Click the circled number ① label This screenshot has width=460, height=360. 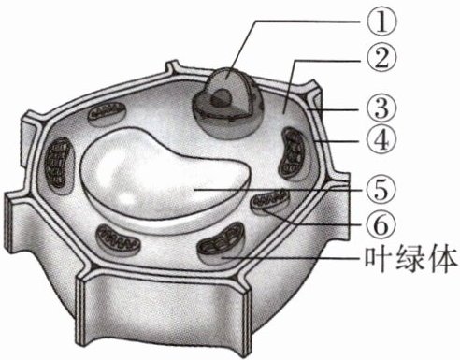coord(382,22)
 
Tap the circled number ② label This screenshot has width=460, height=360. coord(382,59)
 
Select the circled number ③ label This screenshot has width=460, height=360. coord(382,108)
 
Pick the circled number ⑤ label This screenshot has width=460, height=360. coord(382,189)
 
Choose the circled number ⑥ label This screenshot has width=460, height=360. coord(382,223)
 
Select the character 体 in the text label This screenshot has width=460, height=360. coord(442,260)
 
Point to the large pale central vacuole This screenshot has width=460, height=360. coord(165,179)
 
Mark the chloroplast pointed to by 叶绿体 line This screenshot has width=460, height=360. coord(223,244)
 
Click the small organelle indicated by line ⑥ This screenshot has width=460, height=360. coord(270,202)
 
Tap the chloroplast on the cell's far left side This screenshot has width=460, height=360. coord(60,166)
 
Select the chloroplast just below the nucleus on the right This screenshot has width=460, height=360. coord(295,154)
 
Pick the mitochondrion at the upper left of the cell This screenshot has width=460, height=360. coord(108,113)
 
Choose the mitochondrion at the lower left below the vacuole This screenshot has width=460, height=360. coord(119,239)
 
